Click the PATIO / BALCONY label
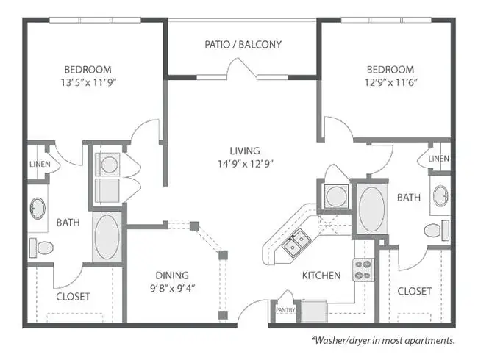coord(243,45)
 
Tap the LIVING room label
coord(245,151)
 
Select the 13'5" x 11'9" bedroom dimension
coord(89,82)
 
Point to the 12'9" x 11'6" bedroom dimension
coord(390,82)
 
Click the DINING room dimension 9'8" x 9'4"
coord(173,288)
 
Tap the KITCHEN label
coord(321,276)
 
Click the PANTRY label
coord(285,310)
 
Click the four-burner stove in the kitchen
coord(364,270)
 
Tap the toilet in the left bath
coord(41,248)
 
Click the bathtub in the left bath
coord(107,237)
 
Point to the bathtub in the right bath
coord(372,209)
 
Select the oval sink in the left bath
coord(38,208)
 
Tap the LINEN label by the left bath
coord(40,164)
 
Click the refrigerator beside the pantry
coord(314,311)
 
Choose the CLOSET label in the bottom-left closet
coord(73,297)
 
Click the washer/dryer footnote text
coord(383,340)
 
